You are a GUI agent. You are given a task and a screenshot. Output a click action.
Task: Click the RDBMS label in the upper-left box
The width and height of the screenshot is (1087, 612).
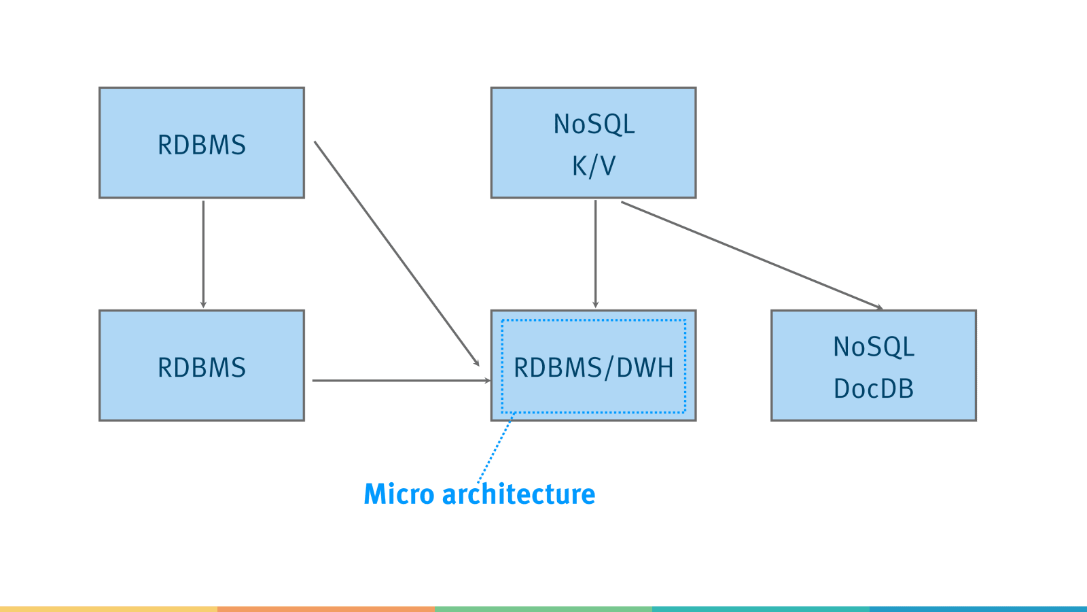click(x=202, y=145)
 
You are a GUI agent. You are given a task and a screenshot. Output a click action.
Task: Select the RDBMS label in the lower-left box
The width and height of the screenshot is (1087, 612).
click(x=202, y=367)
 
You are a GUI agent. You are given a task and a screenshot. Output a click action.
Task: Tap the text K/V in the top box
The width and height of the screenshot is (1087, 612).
click(x=594, y=166)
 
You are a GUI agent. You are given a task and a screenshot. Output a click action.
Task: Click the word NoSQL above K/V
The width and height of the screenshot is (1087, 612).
click(x=594, y=124)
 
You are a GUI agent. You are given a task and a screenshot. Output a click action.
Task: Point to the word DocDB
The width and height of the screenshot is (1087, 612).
click(x=874, y=388)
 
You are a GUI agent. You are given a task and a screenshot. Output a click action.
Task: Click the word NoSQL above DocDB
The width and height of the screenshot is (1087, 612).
click(x=874, y=347)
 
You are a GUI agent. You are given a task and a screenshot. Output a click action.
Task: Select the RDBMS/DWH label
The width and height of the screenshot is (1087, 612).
click(x=594, y=368)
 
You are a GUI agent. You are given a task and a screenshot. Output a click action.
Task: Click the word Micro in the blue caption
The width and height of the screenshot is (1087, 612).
click(x=399, y=494)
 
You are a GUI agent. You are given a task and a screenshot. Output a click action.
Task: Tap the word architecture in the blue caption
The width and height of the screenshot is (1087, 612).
click(x=519, y=494)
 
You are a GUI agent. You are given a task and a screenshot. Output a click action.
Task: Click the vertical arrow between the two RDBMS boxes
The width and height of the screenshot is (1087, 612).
click(x=203, y=254)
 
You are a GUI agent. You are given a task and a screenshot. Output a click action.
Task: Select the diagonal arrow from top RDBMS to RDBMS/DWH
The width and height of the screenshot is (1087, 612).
click(x=397, y=254)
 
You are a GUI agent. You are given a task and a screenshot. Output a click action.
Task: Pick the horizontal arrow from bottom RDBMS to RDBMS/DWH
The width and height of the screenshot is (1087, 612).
click(x=402, y=381)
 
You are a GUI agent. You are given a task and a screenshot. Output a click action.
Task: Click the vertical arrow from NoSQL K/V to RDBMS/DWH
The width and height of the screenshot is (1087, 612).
click(x=595, y=254)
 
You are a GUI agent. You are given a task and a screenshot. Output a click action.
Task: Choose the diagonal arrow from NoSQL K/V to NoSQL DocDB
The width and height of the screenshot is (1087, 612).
click(x=752, y=256)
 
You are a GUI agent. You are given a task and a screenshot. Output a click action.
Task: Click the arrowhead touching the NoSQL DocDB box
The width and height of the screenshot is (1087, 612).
click(x=879, y=307)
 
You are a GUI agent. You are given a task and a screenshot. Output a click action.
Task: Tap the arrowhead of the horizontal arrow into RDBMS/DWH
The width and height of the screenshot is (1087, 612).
click(x=487, y=381)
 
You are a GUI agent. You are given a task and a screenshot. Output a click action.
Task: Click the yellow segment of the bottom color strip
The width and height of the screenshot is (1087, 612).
click(x=109, y=609)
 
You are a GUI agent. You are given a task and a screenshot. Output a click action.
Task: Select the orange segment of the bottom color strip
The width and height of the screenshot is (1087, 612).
click(x=326, y=609)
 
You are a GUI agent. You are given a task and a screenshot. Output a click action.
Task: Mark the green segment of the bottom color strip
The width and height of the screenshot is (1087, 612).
click(x=543, y=609)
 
